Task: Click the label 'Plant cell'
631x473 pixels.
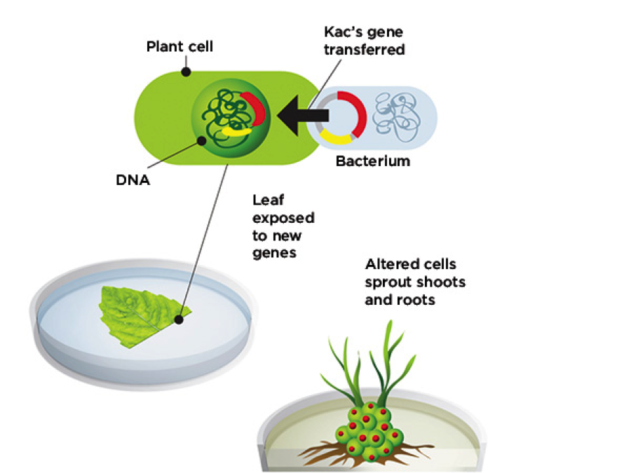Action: click(179, 48)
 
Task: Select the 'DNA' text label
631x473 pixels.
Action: click(133, 179)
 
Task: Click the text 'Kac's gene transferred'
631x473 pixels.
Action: click(364, 41)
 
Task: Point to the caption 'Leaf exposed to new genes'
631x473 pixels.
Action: click(283, 226)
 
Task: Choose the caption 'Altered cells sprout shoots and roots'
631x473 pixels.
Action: click(415, 282)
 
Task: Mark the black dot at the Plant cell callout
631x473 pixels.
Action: click(186, 71)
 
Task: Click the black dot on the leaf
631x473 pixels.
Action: click(180, 320)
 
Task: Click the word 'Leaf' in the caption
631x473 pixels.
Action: click(267, 200)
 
